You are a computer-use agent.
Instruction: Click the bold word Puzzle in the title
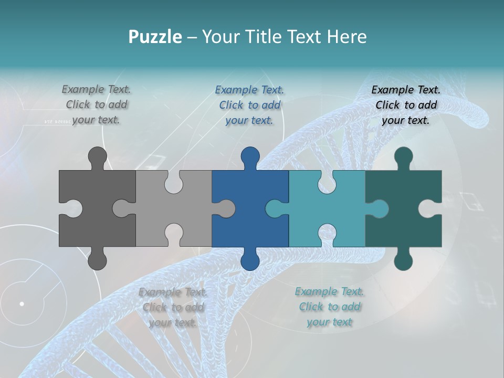[155, 37]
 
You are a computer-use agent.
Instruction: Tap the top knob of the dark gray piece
[98, 156]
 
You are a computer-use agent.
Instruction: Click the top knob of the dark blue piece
[250, 156]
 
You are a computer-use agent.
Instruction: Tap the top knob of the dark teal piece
[403, 156]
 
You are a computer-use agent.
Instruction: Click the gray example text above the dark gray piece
[96, 104]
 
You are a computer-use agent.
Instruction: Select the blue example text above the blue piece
[249, 105]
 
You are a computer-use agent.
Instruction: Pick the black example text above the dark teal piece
[406, 105]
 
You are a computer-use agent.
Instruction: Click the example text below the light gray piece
[173, 307]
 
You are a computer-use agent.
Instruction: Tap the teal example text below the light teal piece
[329, 307]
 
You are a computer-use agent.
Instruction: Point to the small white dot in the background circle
[22, 303]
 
